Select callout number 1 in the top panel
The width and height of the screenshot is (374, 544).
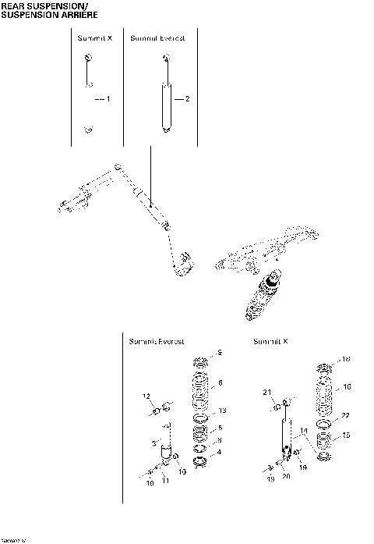pos(108,99)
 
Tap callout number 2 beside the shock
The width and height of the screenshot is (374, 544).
pos(187,99)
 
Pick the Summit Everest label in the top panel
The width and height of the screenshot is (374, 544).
pos(157,37)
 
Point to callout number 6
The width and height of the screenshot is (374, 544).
pos(221,382)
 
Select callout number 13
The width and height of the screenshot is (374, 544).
pos(222,411)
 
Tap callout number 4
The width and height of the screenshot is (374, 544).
pos(220,452)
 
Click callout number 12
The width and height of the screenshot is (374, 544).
pos(146,397)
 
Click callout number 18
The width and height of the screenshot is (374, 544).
pos(347,359)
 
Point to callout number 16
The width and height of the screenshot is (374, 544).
pos(347,386)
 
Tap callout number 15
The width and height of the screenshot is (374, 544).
pos(347,435)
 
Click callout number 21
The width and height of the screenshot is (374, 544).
pos(266,392)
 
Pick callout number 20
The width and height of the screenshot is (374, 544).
pos(286,477)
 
